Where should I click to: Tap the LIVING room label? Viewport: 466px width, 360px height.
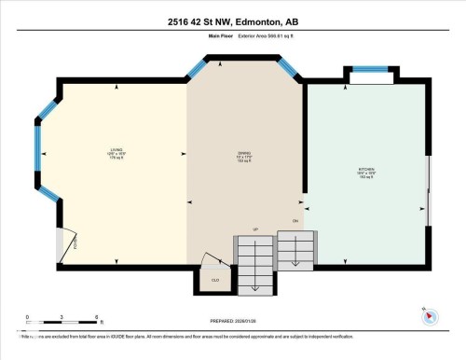tap(116, 152)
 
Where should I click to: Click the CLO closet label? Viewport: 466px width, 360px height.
tap(214, 279)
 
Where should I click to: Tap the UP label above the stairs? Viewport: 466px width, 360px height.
tap(254, 229)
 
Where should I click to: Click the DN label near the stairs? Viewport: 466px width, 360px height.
tap(295, 221)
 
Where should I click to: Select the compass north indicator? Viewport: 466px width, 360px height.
tap(429, 315)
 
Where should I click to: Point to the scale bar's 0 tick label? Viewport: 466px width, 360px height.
tap(27, 317)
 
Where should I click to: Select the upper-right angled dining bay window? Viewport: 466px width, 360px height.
tap(289, 68)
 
